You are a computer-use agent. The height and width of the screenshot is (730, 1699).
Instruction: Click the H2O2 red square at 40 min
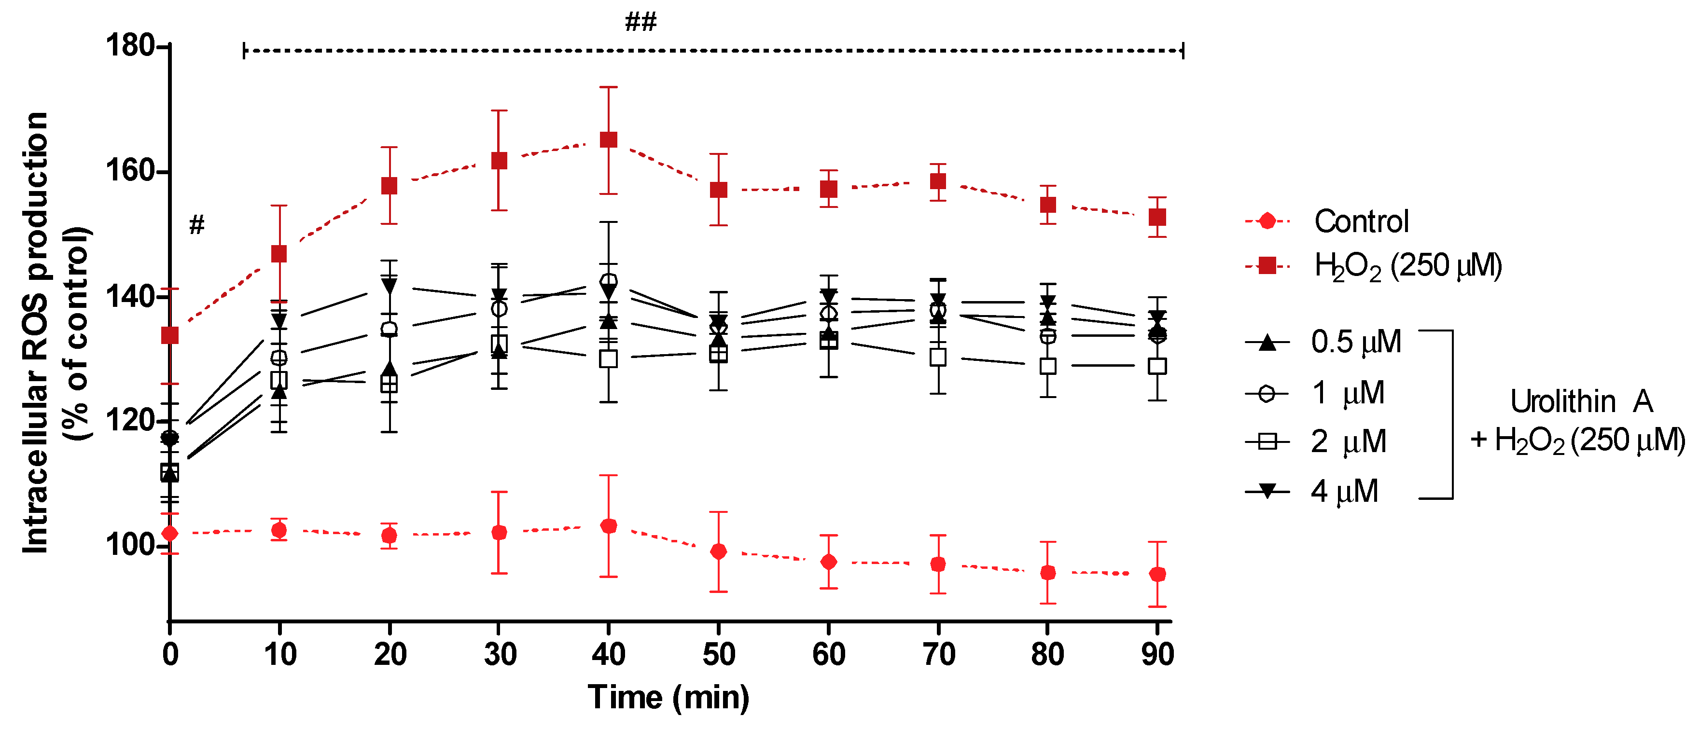click(608, 140)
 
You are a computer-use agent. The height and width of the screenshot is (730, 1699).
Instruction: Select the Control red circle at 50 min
click(718, 551)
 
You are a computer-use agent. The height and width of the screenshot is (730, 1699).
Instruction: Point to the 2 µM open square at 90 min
click(1157, 366)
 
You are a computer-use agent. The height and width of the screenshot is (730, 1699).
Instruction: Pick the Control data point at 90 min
click(1157, 574)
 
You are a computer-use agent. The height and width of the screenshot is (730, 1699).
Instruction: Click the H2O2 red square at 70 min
click(938, 181)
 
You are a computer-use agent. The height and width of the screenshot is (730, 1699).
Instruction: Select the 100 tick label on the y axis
click(129, 545)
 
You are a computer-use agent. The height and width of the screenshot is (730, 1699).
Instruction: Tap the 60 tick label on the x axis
click(828, 655)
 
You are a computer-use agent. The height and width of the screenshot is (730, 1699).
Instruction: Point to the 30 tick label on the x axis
click(499, 655)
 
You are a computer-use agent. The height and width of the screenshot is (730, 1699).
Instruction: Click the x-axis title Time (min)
click(668, 698)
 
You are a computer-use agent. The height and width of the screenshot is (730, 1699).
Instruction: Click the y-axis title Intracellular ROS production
click(36, 333)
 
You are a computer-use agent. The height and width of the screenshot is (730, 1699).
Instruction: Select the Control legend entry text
click(1361, 221)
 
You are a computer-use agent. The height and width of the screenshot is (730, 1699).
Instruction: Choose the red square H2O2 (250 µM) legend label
click(1407, 266)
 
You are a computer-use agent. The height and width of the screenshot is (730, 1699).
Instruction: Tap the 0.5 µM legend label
click(1355, 342)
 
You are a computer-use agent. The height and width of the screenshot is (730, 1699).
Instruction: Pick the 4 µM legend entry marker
click(1267, 491)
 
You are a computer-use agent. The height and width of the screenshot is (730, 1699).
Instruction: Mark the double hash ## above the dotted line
click(641, 22)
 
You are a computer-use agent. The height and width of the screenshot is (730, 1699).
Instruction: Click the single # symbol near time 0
click(196, 225)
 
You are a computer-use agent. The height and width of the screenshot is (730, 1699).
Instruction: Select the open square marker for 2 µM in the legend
click(1267, 441)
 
